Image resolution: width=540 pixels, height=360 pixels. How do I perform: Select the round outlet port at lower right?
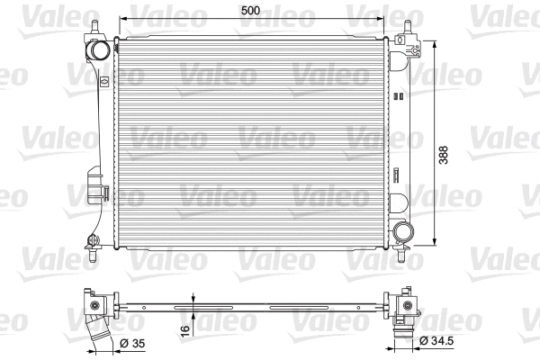click(x=402, y=231)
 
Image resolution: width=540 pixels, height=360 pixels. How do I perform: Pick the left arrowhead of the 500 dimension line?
click(x=122, y=19)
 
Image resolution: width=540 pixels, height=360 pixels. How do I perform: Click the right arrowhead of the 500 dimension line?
click(x=386, y=19)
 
